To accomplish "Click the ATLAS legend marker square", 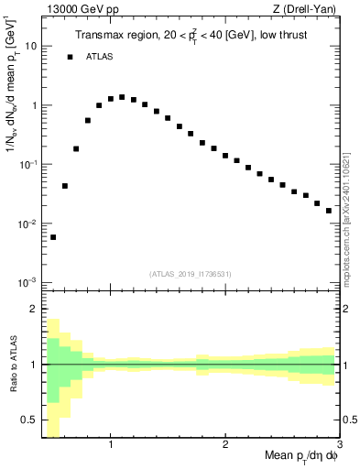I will tap(70, 57).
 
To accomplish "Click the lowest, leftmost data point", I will tap(53, 237).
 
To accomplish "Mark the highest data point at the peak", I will tap(122, 97).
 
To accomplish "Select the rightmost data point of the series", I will tap(329, 211).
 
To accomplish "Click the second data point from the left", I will tap(65, 186).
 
